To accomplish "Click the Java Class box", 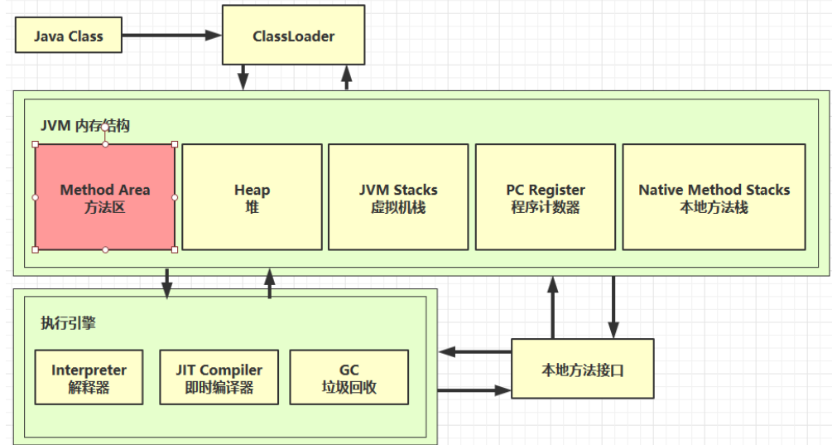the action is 69,35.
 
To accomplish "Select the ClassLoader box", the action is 293,35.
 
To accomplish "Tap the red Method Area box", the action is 105,197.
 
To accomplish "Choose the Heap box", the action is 252,197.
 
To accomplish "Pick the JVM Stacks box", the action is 398,197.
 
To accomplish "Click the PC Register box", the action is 546,197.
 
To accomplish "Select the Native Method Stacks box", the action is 714,197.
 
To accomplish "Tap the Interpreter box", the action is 89,378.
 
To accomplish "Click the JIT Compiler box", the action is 219,378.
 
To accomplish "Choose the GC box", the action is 349,378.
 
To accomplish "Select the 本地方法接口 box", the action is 583,369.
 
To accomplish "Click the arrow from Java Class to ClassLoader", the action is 172,36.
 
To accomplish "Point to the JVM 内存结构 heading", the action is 85,126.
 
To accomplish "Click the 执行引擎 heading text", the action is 69,323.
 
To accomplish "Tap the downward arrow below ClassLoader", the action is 243,78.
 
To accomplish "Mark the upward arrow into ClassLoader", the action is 347,78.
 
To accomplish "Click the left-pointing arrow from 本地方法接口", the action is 475,351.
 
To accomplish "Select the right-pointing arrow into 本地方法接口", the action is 475,390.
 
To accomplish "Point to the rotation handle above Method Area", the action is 105,128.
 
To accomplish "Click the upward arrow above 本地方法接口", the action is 553,307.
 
